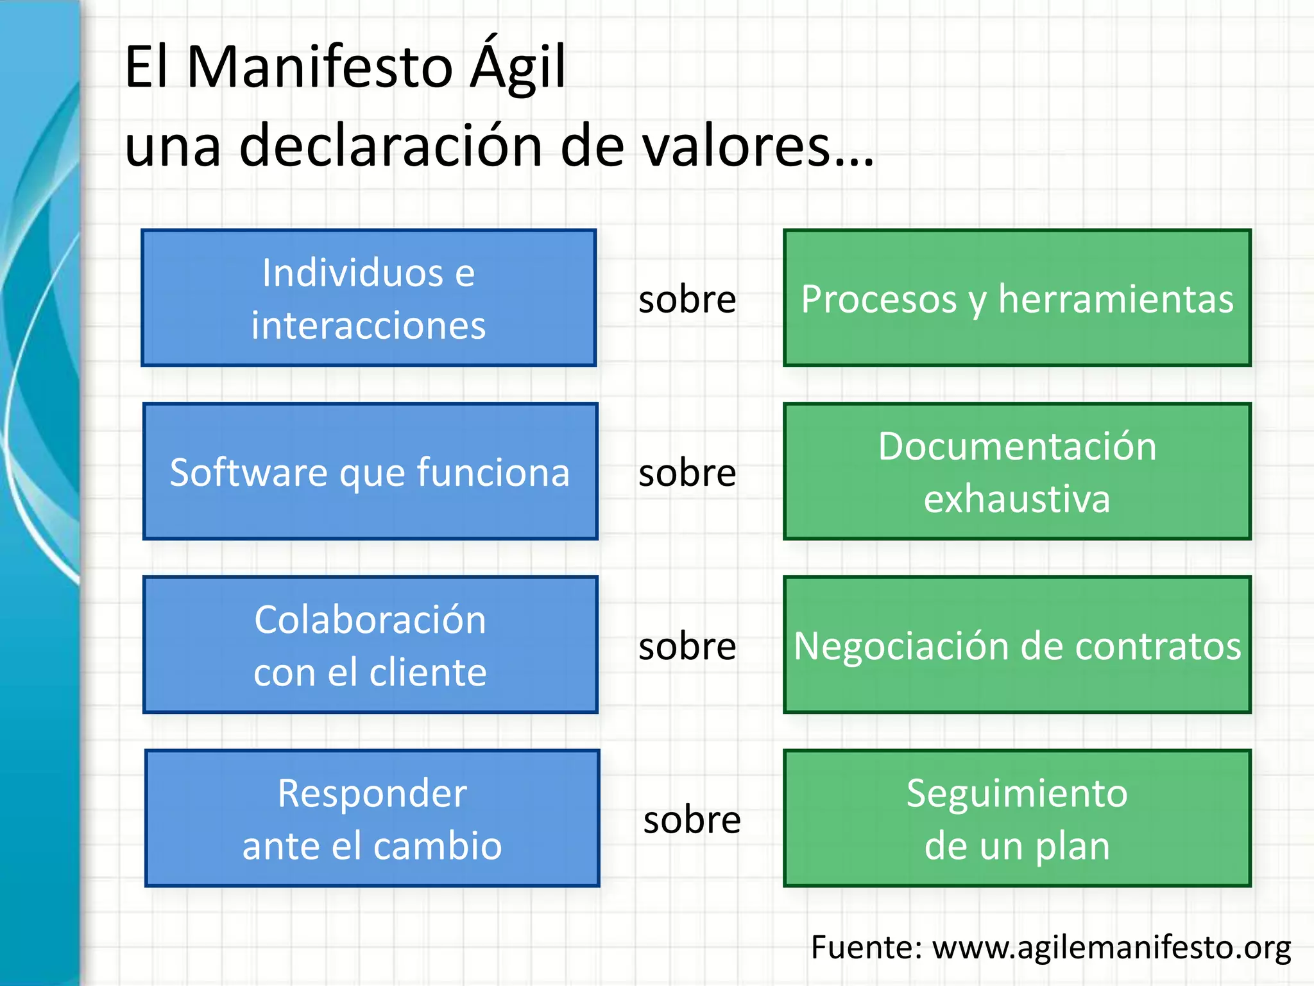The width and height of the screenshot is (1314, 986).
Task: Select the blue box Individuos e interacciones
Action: (x=369, y=298)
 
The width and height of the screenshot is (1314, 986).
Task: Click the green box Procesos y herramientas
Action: (x=1017, y=298)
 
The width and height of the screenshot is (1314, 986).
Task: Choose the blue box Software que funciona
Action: (x=370, y=472)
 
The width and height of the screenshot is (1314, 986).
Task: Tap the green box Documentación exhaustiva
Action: (x=1017, y=472)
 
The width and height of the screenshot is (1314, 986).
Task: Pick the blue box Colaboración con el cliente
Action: (x=370, y=645)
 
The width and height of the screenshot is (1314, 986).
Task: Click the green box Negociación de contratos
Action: (x=1017, y=645)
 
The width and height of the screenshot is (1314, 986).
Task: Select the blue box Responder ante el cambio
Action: (x=372, y=818)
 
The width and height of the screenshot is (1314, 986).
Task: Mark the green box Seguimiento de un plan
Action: (x=1017, y=818)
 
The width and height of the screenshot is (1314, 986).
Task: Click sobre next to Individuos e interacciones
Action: (x=687, y=299)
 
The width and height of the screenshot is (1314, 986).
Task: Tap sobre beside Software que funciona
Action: (x=687, y=473)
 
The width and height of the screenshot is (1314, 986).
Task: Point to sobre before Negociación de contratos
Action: (x=687, y=646)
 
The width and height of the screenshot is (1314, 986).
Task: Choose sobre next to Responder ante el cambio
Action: (x=692, y=820)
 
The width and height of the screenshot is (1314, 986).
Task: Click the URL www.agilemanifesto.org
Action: (x=1111, y=947)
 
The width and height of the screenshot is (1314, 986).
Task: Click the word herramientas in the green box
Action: (x=1116, y=299)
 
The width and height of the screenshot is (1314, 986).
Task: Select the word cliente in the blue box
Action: (x=428, y=673)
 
